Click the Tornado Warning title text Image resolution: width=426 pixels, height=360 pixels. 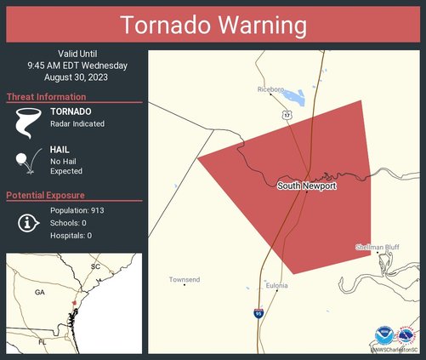(213, 26)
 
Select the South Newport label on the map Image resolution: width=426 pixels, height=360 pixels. (306, 185)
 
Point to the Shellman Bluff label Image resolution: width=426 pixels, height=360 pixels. (378, 248)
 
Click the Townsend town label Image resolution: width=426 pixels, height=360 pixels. (184, 279)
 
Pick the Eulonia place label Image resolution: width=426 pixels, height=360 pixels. (275, 286)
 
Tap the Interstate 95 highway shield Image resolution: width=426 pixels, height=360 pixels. (258, 314)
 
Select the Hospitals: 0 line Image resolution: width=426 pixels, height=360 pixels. (71, 235)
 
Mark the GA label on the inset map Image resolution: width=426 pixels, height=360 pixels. (38, 292)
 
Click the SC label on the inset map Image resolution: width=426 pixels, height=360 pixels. (95, 266)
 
